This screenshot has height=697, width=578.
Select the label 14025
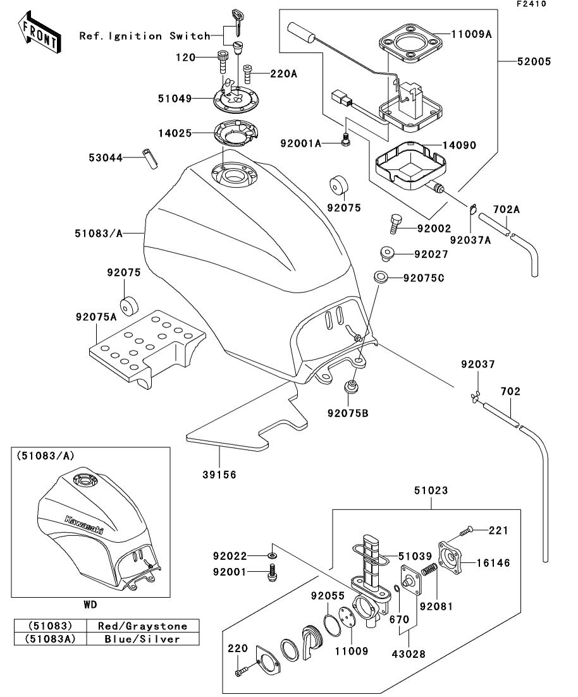click(x=175, y=133)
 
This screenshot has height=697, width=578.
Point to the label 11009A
click(x=471, y=35)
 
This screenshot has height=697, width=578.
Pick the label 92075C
click(x=431, y=276)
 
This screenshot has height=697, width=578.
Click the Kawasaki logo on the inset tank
click(x=83, y=525)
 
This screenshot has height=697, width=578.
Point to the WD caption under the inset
click(x=90, y=604)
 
